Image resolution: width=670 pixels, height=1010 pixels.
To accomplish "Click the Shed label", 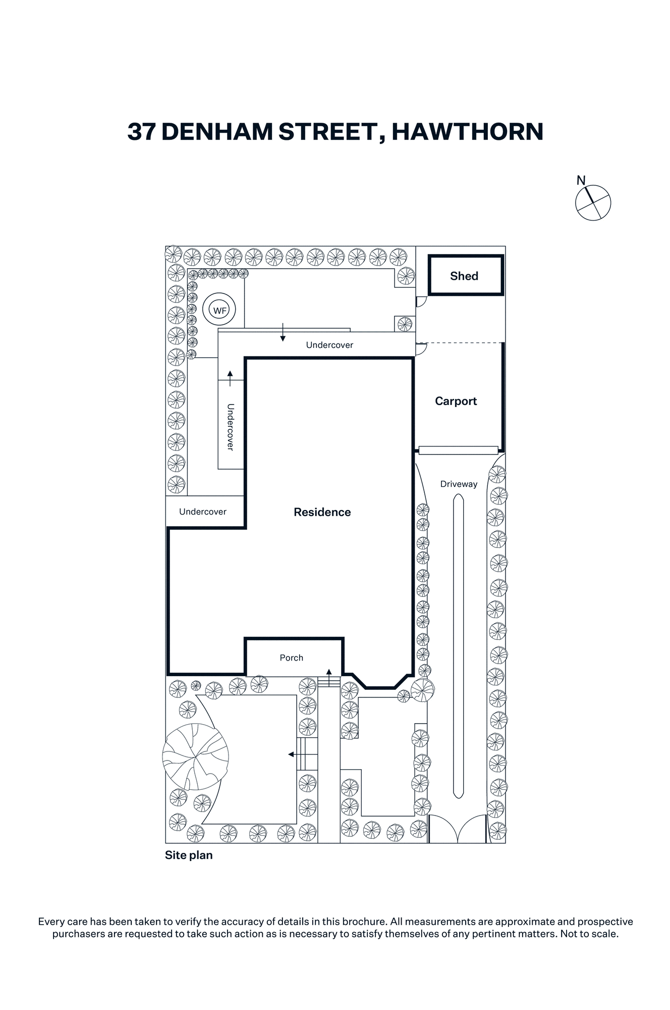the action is tap(464, 276).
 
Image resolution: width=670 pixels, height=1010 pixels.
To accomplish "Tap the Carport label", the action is tap(456, 401).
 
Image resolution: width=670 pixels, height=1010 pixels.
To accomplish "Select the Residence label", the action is tap(322, 512).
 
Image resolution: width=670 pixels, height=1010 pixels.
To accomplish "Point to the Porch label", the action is tap(292, 658).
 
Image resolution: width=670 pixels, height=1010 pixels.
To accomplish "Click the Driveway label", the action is tap(459, 484).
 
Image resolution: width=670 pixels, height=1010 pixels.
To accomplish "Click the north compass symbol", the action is tap(593, 202).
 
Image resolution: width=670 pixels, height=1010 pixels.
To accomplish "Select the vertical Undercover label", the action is tap(231, 427).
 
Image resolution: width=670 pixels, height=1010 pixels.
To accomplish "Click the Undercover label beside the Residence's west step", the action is tap(203, 512).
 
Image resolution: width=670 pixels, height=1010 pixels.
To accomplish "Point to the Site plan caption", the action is tap(189, 855).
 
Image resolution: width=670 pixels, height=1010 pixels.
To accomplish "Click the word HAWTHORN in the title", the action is tap(467, 132).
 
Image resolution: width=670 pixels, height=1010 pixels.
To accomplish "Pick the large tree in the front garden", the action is tap(195, 756).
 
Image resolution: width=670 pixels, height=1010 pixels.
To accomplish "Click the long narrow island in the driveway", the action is tap(458, 646).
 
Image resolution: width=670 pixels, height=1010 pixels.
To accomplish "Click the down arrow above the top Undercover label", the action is tap(283, 332).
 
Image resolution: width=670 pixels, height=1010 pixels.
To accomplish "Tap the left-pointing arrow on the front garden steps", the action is tap(298, 754).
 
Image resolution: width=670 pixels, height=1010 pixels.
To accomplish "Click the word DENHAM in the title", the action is tap(217, 132).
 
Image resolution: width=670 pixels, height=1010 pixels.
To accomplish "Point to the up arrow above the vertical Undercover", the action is tap(230, 379).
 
